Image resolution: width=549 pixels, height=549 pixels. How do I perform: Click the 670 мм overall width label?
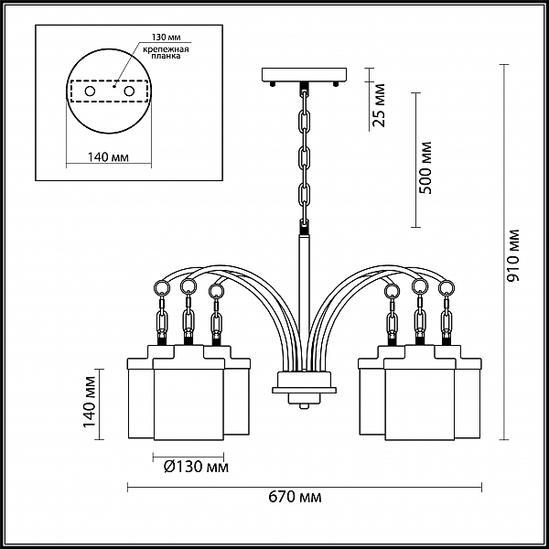pyautogui.click(x=295, y=497)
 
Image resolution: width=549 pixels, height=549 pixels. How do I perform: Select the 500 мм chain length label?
pyautogui.click(x=425, y=167)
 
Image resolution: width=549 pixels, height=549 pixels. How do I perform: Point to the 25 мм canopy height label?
pyautogui.click(x=379, y=105)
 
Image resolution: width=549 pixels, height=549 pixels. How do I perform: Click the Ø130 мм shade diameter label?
pyautogui.click(x=197, y=467)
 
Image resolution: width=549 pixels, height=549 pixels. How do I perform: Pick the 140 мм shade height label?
pyautogui.click(x=90, y=402)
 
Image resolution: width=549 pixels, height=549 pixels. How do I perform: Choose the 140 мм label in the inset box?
pyautogui.click(x=108, y=157)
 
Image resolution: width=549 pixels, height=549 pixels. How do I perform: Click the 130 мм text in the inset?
pyautogui.click(x=166, y=38)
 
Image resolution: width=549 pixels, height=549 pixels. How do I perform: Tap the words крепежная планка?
pyautogui.click(x=166, y=52)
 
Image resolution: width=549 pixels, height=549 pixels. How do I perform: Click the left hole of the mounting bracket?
pyautogui.click(x=90, y=91)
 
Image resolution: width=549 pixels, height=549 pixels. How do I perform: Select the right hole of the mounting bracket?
pyautogui.click(x=129, y=91)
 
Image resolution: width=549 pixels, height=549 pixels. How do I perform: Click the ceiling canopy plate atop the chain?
pyautogui.click(x=305, y=74)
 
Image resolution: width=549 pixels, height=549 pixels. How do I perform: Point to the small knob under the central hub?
pyautogui.click(x=305, y=406)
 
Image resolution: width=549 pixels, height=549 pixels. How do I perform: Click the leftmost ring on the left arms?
pyautogui.click(x=162, y=288)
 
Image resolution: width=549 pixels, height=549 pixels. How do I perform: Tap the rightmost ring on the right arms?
pyautogui.click(x=447, y=288)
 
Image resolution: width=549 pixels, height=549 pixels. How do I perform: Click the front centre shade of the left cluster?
pyautogui.click(x=188, y=404)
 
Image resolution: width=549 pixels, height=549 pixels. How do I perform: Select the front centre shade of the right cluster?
pyautogui.click(x=419, y=404)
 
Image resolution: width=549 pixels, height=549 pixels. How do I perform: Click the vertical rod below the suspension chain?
pyautogui.click(x=304, y=303)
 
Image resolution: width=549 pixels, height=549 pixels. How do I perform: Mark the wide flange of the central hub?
pyautogui.click(x=305, y=390)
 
